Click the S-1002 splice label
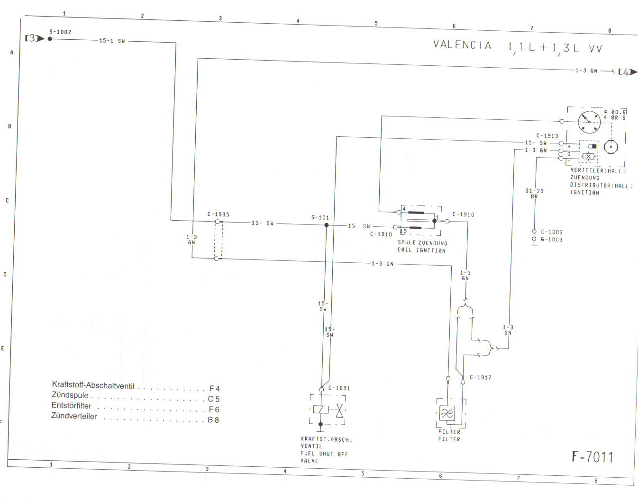pos(60,32)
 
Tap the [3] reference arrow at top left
pos(35,38)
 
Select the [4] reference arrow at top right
pos(628,72)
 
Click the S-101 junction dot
pos(326,225)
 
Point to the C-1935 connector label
pos(218,214)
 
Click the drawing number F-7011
pos(592,457)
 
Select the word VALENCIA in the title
pos(462,45)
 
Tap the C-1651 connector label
pos(339,388)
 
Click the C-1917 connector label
pos(481,377)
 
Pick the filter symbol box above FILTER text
pos(447,413)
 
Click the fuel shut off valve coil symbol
pos(321,410)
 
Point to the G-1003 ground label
pos(552,240)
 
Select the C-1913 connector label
pos(547,136)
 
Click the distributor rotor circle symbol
pos(589,122)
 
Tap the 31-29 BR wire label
pos(534,194)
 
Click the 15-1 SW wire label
pos(112,41)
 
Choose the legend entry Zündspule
pos(70,395)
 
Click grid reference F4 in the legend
pos(215,389)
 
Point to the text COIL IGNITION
pos(421,250)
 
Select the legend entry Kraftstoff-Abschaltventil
pos(93,385)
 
